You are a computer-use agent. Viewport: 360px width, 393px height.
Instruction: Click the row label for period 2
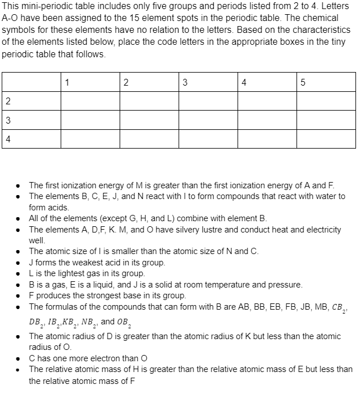[x=7, y=101]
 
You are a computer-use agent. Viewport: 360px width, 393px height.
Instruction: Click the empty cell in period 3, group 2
[x=149, y=120]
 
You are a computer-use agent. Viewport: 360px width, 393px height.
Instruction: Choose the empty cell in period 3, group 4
[x=267, y=120]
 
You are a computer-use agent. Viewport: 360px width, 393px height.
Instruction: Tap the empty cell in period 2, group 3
[x=208, y=101]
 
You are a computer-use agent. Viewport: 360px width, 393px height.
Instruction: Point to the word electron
[x=117, y=358]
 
